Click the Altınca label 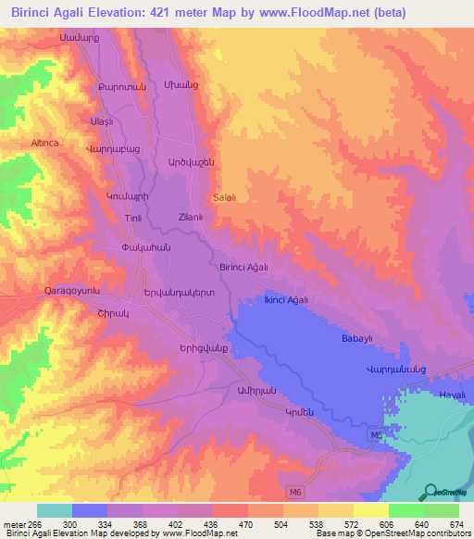[x=44, y=144]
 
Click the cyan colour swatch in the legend [x=54, y=510]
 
